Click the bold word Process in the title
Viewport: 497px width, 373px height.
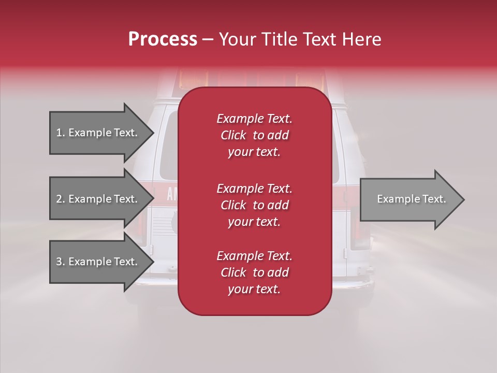[x=163, y=39]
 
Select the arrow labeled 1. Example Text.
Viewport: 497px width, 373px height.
[x=98, y=133]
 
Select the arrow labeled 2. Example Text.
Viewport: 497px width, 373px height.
[x=98, y=199]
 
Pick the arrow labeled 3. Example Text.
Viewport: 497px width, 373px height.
[x=98, y=262]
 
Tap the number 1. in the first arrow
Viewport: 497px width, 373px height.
[x=61, y=133]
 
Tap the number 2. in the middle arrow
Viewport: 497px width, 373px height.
[x=61, y=199]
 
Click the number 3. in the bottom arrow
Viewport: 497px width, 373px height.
[x=61, y=262]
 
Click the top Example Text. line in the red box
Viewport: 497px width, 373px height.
[x=254, y=119]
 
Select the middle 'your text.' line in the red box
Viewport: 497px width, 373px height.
[x=254, y=222]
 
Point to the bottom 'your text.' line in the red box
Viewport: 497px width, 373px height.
[x=254, y=290]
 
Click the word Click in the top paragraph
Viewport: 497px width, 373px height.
[x=233, y=135]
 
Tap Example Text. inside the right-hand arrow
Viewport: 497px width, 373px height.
[x=411, y=199]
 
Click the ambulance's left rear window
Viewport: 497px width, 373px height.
[x=169, y=145]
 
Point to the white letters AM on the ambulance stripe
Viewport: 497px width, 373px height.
[x=172, y=195]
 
